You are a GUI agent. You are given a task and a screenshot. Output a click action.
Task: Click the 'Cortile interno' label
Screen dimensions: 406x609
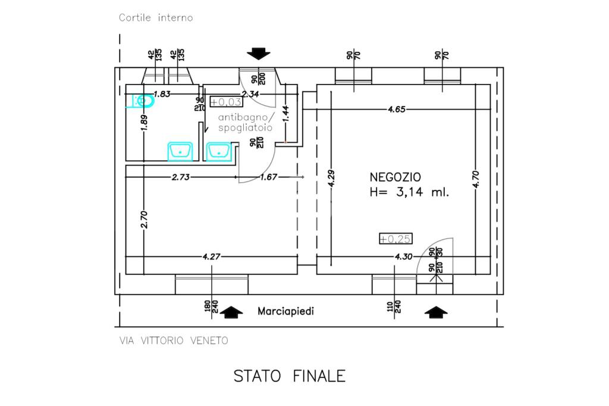156,18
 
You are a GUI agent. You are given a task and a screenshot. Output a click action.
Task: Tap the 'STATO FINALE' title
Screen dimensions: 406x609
289,376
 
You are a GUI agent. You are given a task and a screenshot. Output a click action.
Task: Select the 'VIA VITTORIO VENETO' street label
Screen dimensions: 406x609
174,341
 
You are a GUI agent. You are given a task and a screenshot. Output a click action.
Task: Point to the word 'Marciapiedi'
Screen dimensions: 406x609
285,311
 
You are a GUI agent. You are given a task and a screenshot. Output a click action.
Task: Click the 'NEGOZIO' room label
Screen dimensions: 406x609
395,177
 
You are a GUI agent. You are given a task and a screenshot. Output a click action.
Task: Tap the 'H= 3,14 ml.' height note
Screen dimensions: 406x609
409,192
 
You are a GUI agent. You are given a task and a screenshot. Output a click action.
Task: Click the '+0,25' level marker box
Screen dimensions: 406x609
396,239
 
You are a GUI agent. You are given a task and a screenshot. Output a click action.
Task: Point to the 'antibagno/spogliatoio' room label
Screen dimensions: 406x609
245,122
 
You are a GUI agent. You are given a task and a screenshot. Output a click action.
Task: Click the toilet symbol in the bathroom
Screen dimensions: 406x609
143,102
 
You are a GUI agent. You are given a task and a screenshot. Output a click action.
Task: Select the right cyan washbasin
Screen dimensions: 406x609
219,151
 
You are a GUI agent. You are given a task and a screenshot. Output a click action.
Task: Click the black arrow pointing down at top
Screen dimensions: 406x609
258,54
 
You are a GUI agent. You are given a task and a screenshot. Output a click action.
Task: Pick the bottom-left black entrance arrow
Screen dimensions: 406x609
231,311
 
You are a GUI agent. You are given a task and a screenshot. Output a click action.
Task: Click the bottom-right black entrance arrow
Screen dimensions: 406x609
436,311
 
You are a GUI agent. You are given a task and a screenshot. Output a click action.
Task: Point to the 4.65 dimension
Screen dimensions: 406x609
397,109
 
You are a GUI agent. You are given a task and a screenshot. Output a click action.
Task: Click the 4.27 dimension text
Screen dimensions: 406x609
212,257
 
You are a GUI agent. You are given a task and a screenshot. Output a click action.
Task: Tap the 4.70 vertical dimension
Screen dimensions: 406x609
475,179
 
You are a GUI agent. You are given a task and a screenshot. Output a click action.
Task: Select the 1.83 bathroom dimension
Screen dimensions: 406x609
162,93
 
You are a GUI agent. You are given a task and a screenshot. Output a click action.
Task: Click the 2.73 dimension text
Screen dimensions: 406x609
181,176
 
